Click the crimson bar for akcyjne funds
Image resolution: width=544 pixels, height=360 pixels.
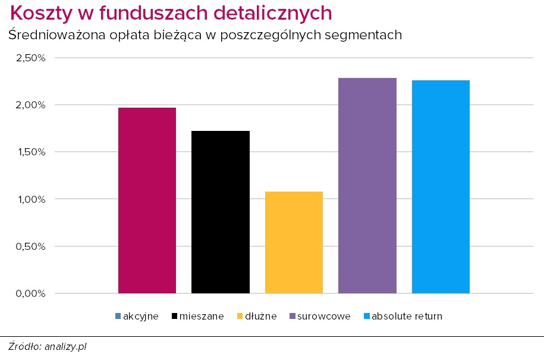tap(147, 201)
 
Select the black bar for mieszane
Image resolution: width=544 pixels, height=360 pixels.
tap(221, 212)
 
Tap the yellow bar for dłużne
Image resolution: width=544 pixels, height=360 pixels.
tap(294, 242)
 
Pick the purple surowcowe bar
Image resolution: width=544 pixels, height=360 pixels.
tap(367, 186)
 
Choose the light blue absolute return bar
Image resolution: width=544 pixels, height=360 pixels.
tap(441, 187)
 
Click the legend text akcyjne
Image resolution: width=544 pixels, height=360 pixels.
tap(140, 316)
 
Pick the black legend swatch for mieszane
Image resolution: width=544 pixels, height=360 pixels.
tap(174, 316)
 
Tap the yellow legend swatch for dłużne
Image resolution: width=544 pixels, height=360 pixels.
tap(240, 316)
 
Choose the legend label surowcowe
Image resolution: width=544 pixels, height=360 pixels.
tap(325, 316)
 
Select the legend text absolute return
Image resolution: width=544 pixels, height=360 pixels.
tap(407, 316)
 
